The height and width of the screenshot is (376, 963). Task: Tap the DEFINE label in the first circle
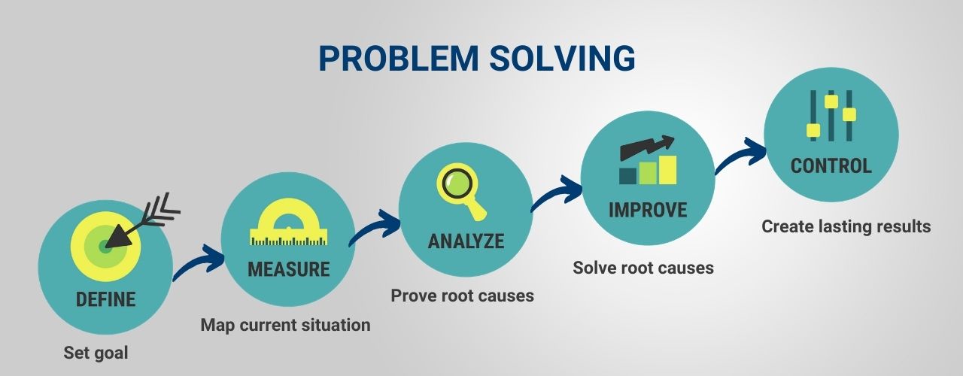[x=105, y=299]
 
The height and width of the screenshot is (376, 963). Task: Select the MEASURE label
[x=289, y=269]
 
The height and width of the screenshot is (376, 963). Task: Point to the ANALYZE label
[x=466, y=241]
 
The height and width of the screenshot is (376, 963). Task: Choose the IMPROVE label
[x=648, y=209]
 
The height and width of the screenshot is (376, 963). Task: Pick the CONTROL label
[x=831, y=165]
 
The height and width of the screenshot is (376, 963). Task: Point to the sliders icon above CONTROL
[x=831, y=116]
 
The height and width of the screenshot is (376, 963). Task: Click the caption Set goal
[x=96, y=353]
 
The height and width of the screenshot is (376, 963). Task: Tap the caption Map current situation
[x=285, y=326]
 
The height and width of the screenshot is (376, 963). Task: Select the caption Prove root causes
[x=462, y=296]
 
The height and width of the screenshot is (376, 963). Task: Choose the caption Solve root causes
[x=643, y=268]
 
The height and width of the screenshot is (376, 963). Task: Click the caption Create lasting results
[x=846, y=226]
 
